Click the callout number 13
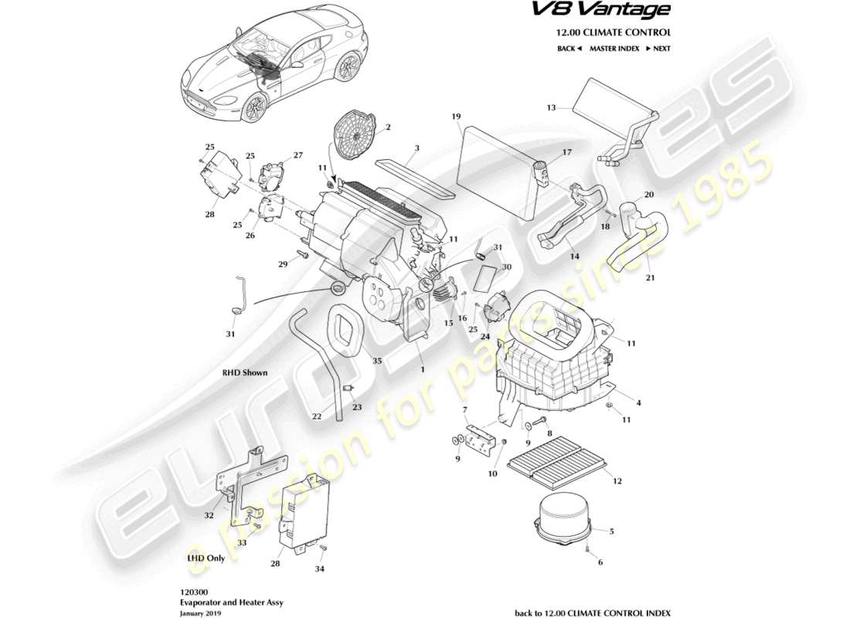551,107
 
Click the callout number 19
456,117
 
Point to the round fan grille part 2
356,136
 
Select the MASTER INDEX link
614,48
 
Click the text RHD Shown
245,372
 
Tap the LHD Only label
205,557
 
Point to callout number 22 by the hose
316,416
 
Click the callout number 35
376,361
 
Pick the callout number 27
297,155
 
